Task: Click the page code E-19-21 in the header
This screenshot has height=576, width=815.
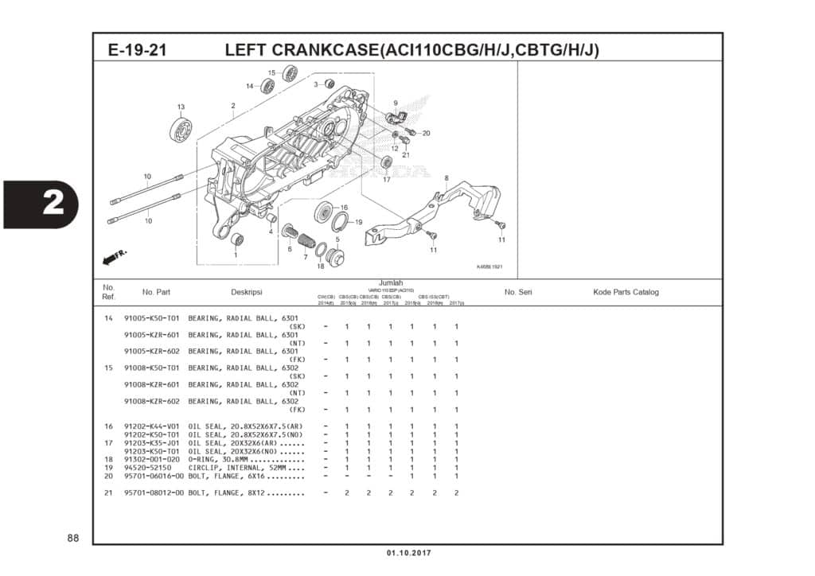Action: coord(137,50)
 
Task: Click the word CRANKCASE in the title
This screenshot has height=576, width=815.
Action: coord(325,50)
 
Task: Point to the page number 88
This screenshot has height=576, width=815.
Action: coord(72,539)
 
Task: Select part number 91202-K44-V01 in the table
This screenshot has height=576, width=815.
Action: coord(153,426)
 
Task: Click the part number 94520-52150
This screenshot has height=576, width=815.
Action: coord(150,468)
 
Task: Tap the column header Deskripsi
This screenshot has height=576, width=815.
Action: coord(246,292)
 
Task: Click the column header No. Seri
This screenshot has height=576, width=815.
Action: coord(518,292)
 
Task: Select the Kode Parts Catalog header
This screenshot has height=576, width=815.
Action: coord(626,292)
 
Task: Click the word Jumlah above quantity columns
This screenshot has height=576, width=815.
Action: coord(391,283)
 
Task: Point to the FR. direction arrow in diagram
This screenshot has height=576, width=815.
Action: coord(115,256)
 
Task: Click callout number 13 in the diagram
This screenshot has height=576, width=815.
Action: coord(181,107)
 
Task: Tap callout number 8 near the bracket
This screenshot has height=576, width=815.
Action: coord(446,178)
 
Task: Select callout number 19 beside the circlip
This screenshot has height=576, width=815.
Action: coord(358,222)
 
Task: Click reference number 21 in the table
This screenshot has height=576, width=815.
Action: coord(108,493)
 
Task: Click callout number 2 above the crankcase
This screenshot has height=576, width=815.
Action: coord(233,105)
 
